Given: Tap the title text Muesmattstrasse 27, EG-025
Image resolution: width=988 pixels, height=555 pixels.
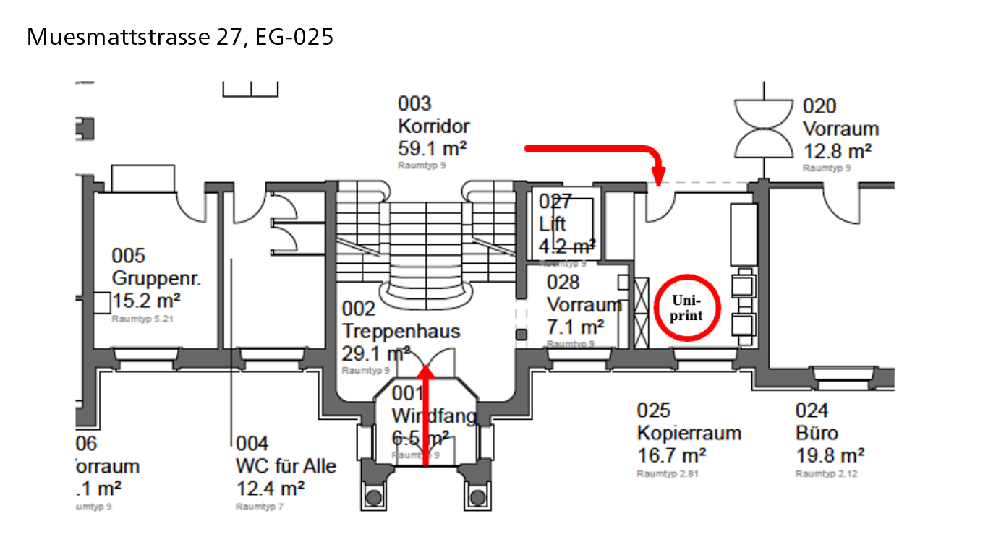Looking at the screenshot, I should coord(180,37).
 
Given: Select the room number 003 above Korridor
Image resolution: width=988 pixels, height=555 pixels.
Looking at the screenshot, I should coord(414,104).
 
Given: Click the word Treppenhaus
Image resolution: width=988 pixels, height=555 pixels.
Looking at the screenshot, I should coord(401,332).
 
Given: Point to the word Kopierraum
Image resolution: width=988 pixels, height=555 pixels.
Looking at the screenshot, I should coord(689,434).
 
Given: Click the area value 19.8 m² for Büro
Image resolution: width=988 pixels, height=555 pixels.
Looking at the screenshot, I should coord(830,456).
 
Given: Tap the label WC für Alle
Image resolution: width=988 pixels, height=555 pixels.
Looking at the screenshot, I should coord(286,466).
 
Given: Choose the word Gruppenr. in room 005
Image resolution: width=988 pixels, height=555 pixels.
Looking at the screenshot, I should coord(156,278).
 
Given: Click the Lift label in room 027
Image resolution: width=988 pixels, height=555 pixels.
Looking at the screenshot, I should coord(553,223).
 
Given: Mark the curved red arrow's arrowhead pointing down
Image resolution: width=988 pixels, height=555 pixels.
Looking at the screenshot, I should coord(658,176).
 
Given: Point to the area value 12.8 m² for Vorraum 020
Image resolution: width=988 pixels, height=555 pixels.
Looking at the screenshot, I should coord(838,152).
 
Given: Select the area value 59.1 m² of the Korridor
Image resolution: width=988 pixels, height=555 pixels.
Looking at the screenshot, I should coord(432,149).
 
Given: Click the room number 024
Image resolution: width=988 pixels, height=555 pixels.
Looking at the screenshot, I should coord(812,411).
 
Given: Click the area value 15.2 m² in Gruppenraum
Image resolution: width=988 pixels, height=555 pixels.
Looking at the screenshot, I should coord(146,300).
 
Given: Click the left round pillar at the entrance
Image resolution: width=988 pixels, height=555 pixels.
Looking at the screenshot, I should coord(373,497).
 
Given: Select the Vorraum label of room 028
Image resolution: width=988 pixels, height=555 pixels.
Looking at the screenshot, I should coord(584,304).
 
